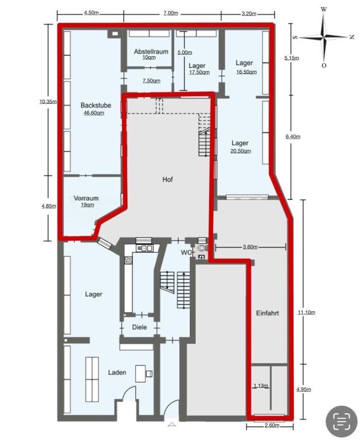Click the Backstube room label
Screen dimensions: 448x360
click(x=96, y=106)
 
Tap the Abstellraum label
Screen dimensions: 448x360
click(x=151, y=51)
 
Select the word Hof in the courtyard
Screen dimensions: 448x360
click(x=168, y=179)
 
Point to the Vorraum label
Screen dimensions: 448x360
click(x=86, y=198)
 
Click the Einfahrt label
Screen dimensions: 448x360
click(x=267, y=314)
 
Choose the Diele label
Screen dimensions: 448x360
click(x=139, y=328)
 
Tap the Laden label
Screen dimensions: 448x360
click(x=117, y=372)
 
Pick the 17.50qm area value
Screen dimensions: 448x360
click(x=199, y=72)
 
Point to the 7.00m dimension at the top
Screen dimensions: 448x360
click(x=170, y=13)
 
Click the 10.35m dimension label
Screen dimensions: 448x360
click(x=48, y=102)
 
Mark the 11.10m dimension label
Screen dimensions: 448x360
click(x=306, y=312)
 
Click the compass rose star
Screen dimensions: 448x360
click(x=324, y=37)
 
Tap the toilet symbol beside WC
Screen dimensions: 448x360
click(x=202, y=247)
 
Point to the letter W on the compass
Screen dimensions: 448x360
click(x=324, y=9)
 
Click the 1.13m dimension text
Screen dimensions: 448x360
click(x=261, y=386)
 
